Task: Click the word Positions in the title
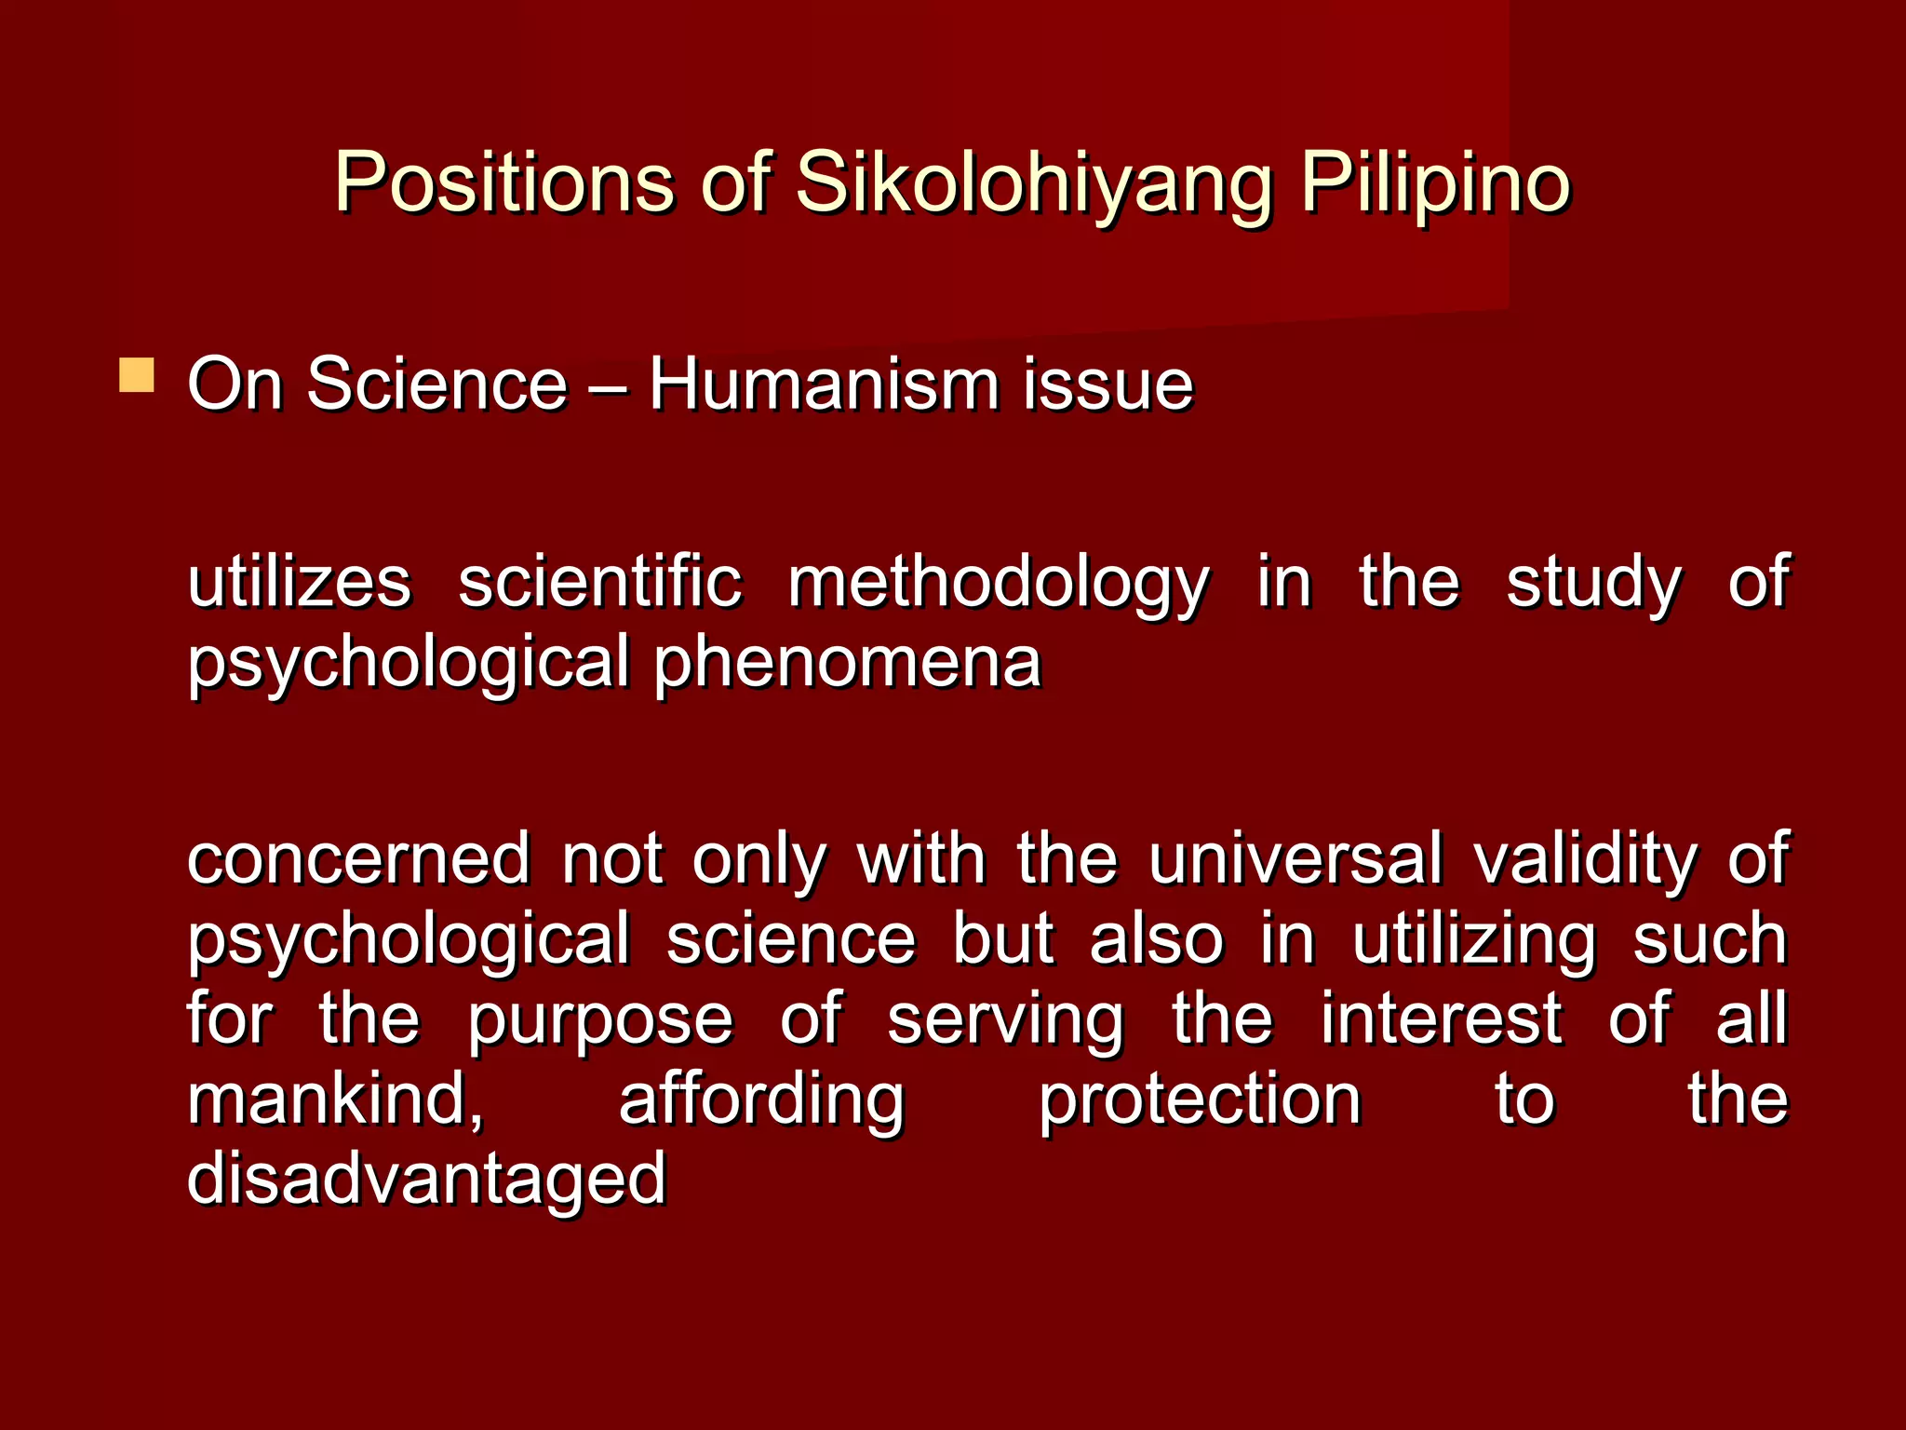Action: pyautogui.click(x=503, y=182)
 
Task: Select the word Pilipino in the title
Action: pyautogui.click(x=1434, y=182)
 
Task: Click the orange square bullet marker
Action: pyautogui.click(x=137, y=375)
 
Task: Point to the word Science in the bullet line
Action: pyautogui.click(x=436, y=384)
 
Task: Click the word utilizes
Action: pyautogui.click(x=299, y=583)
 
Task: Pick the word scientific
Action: pyautogui.click(x=600, y=583)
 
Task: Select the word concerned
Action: pyautogui.click(x=358, y=858)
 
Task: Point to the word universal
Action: pyautogui.click(x=1295, y=858)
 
